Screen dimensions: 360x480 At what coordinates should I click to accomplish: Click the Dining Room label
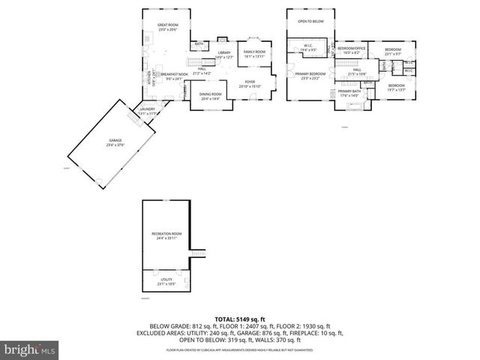pos(210,96)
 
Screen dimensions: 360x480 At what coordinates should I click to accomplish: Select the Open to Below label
pos(310,21)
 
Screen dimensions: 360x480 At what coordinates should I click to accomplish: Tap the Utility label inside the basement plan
pos(166,280)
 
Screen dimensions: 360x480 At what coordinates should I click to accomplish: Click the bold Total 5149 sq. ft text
pos(240,319)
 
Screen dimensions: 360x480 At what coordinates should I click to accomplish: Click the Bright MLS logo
pos(29,349)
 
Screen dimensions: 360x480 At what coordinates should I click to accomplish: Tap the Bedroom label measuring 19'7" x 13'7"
pos(396,88)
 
